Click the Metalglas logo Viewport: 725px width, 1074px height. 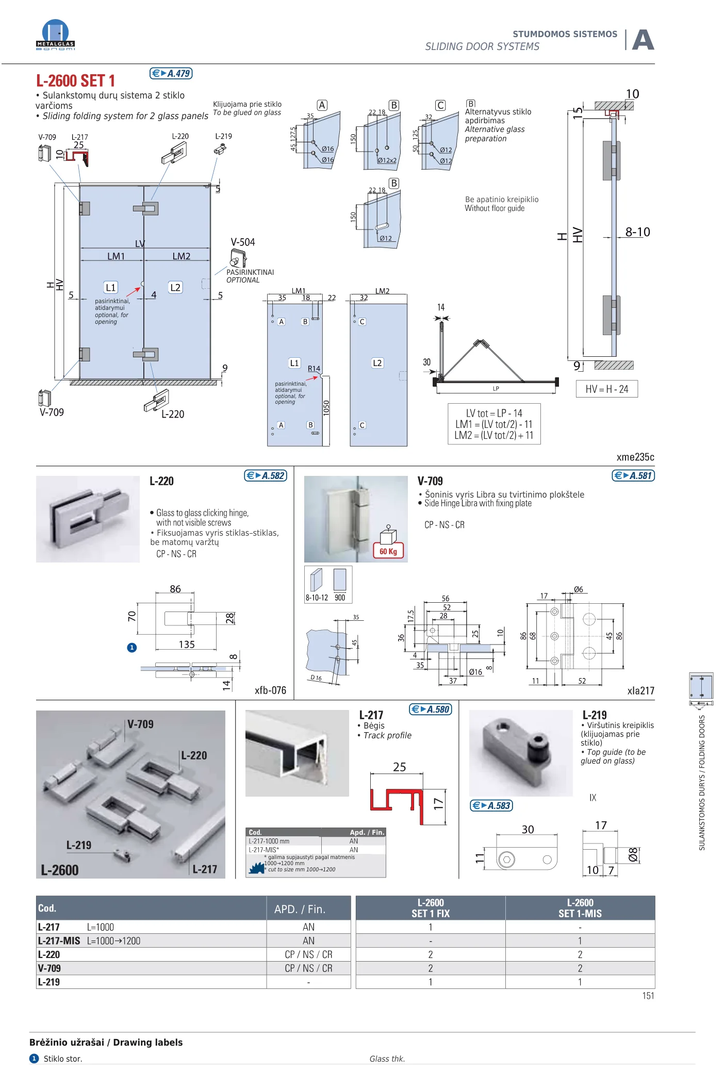55,35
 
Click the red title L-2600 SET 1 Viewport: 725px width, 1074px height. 75,81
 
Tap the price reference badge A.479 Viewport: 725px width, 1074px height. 171,74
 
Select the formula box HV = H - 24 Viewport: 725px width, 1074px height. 606,389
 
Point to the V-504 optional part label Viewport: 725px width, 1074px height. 242,242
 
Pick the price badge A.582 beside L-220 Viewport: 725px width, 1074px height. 266,475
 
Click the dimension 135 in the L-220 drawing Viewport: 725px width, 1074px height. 187,645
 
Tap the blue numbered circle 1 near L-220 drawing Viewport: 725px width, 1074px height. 132,648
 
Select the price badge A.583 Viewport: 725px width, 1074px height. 491,805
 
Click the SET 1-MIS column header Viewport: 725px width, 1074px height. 580,908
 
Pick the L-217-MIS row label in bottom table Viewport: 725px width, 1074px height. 59,941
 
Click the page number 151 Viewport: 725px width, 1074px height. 648,996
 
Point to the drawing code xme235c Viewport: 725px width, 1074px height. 635,457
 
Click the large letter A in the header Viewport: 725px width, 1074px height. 643,40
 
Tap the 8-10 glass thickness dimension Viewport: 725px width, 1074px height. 637,232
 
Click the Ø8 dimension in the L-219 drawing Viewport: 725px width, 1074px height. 633,854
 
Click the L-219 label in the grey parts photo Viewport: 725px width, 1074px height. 79,845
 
